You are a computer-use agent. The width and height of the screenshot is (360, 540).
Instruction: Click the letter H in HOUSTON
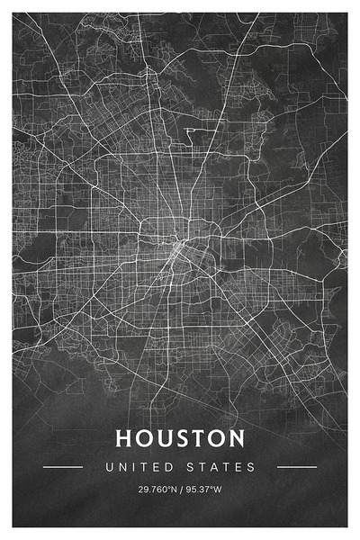point(125,438)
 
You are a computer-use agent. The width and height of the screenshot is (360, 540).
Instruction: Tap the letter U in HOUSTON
point(168,438)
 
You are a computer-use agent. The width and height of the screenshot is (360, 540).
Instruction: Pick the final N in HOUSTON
point(236,438)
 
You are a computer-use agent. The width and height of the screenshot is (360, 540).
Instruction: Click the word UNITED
point(137,467)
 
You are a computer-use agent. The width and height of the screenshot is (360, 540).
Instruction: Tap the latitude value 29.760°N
point(157,490)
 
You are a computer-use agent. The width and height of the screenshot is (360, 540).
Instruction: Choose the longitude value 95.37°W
point(203,490)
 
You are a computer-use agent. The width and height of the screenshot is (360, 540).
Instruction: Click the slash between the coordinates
point(180,490)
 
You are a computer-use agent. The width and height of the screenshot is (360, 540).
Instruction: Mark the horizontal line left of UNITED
point(63,467)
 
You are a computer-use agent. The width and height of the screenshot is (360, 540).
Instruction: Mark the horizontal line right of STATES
point(297,467)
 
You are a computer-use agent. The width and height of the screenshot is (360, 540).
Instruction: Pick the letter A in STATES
point(218,467)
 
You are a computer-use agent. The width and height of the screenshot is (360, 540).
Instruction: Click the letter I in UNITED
point(131,467)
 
